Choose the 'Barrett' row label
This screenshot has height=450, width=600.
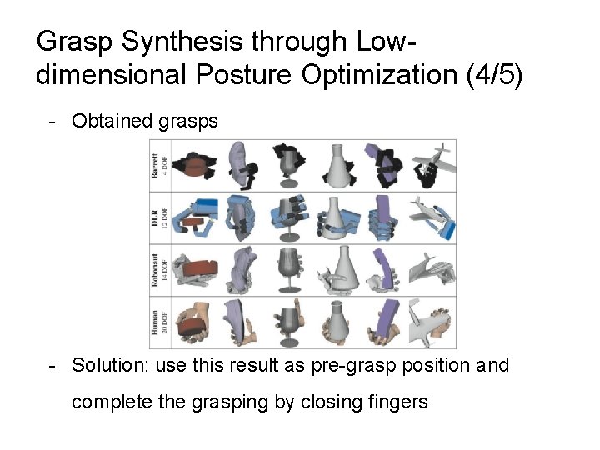pyautogui.click(x=155, y=164)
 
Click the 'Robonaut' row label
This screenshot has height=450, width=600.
pyautogui.click(x=155, y=269)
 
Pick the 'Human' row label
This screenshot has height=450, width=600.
pyautogui.click(x=155, y=322)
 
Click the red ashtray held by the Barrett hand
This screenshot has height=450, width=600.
pyautogui.click(x=192, y=167)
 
